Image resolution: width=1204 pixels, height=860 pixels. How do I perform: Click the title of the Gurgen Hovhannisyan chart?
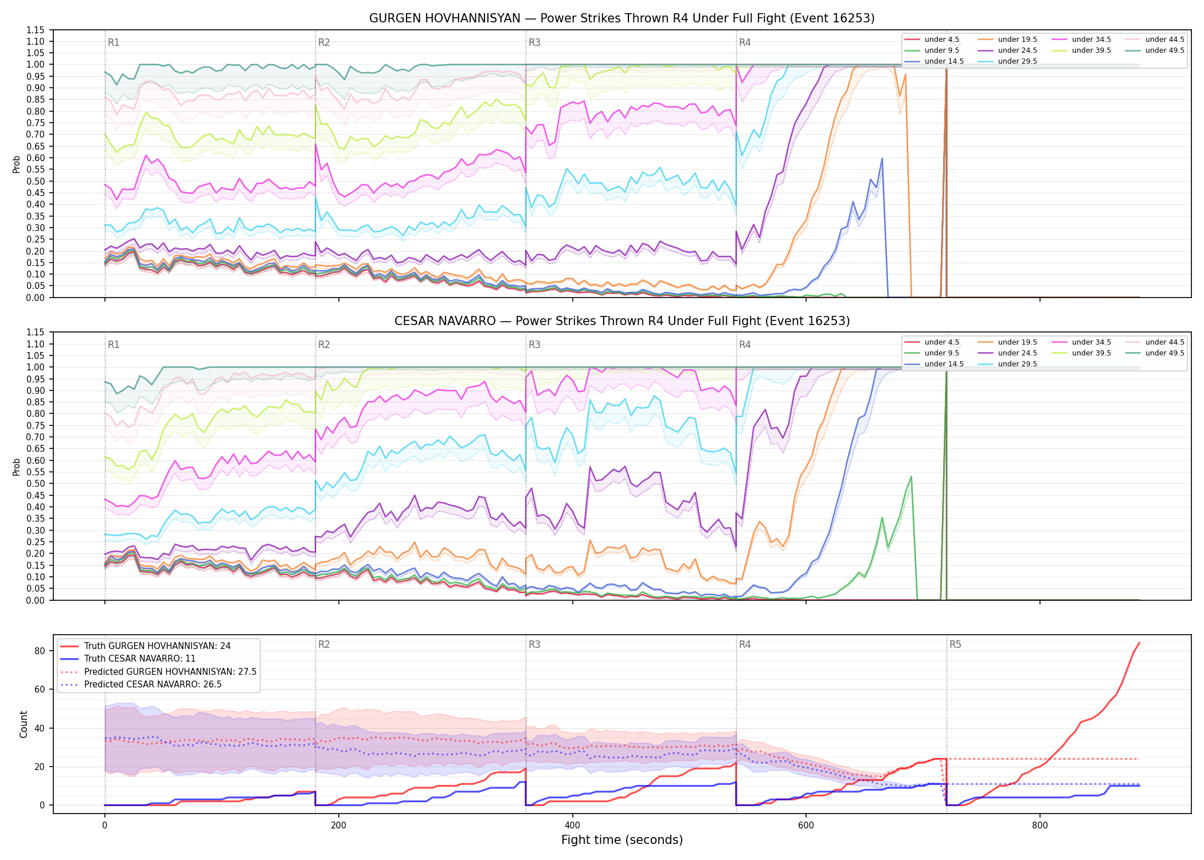tap(622, 18)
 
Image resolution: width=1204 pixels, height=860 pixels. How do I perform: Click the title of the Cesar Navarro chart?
tap(622, 321)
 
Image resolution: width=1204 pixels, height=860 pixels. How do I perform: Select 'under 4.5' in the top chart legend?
tap(941, 40)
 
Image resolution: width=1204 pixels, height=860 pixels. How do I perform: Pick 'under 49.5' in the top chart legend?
tap(1164, 50)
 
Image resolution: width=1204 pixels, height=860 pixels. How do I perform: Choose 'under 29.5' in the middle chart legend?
tap(1017, 364)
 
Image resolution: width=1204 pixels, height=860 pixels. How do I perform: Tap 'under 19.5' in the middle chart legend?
tap(1017, 342)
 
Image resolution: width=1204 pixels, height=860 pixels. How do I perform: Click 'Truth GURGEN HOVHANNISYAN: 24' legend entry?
tap(157, 646)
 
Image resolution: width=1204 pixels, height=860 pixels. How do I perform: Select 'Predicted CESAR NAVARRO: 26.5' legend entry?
tap(153, 685)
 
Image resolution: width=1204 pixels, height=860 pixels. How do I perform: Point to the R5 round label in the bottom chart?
tap(955, 644)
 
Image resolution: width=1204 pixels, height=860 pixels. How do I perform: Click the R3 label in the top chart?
tap(534, 42)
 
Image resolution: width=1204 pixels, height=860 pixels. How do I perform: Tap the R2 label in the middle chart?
tap(324, 345)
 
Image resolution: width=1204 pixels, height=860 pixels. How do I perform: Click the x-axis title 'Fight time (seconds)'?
tap(622, 840)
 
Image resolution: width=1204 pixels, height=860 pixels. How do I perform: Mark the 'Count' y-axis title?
tap(24, 724)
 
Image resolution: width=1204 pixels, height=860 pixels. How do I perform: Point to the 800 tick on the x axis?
tap(1039, 826)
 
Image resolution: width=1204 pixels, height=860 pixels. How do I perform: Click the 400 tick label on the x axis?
tap(572, 826)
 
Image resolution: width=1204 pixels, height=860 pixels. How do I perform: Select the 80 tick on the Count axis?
tap(40, 651)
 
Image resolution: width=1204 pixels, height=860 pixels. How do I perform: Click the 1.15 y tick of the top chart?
tap(36, 30)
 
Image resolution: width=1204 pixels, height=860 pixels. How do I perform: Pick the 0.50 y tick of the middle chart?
tap(36, 484)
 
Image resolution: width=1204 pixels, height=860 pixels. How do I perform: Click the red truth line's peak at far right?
tap(1139, 643)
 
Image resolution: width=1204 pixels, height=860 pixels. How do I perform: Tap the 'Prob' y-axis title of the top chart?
tap(17, 165)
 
